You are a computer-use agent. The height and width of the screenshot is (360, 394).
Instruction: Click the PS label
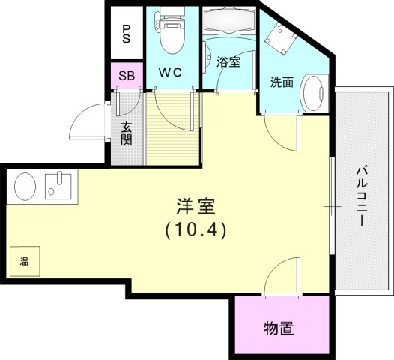[x=126, y=34]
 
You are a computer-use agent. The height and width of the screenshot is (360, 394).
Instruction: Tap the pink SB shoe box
[x=125, y=76]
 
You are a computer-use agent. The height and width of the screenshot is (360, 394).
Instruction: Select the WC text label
[x=172, y=73]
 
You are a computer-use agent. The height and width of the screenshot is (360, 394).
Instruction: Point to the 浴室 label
[x=228, y=62]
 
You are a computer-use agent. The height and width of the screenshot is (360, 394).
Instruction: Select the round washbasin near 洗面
[x=312, y=93]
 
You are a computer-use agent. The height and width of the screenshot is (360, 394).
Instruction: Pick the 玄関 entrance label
[x=127, y=133]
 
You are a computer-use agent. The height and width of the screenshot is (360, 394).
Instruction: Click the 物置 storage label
[x=278, y=328]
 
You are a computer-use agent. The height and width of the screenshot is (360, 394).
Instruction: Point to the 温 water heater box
[x=24, y=262]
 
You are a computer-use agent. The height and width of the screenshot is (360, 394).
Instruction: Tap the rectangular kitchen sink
[x=58, y=184]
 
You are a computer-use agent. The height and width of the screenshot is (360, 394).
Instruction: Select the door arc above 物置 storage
[x=283, y=272]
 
